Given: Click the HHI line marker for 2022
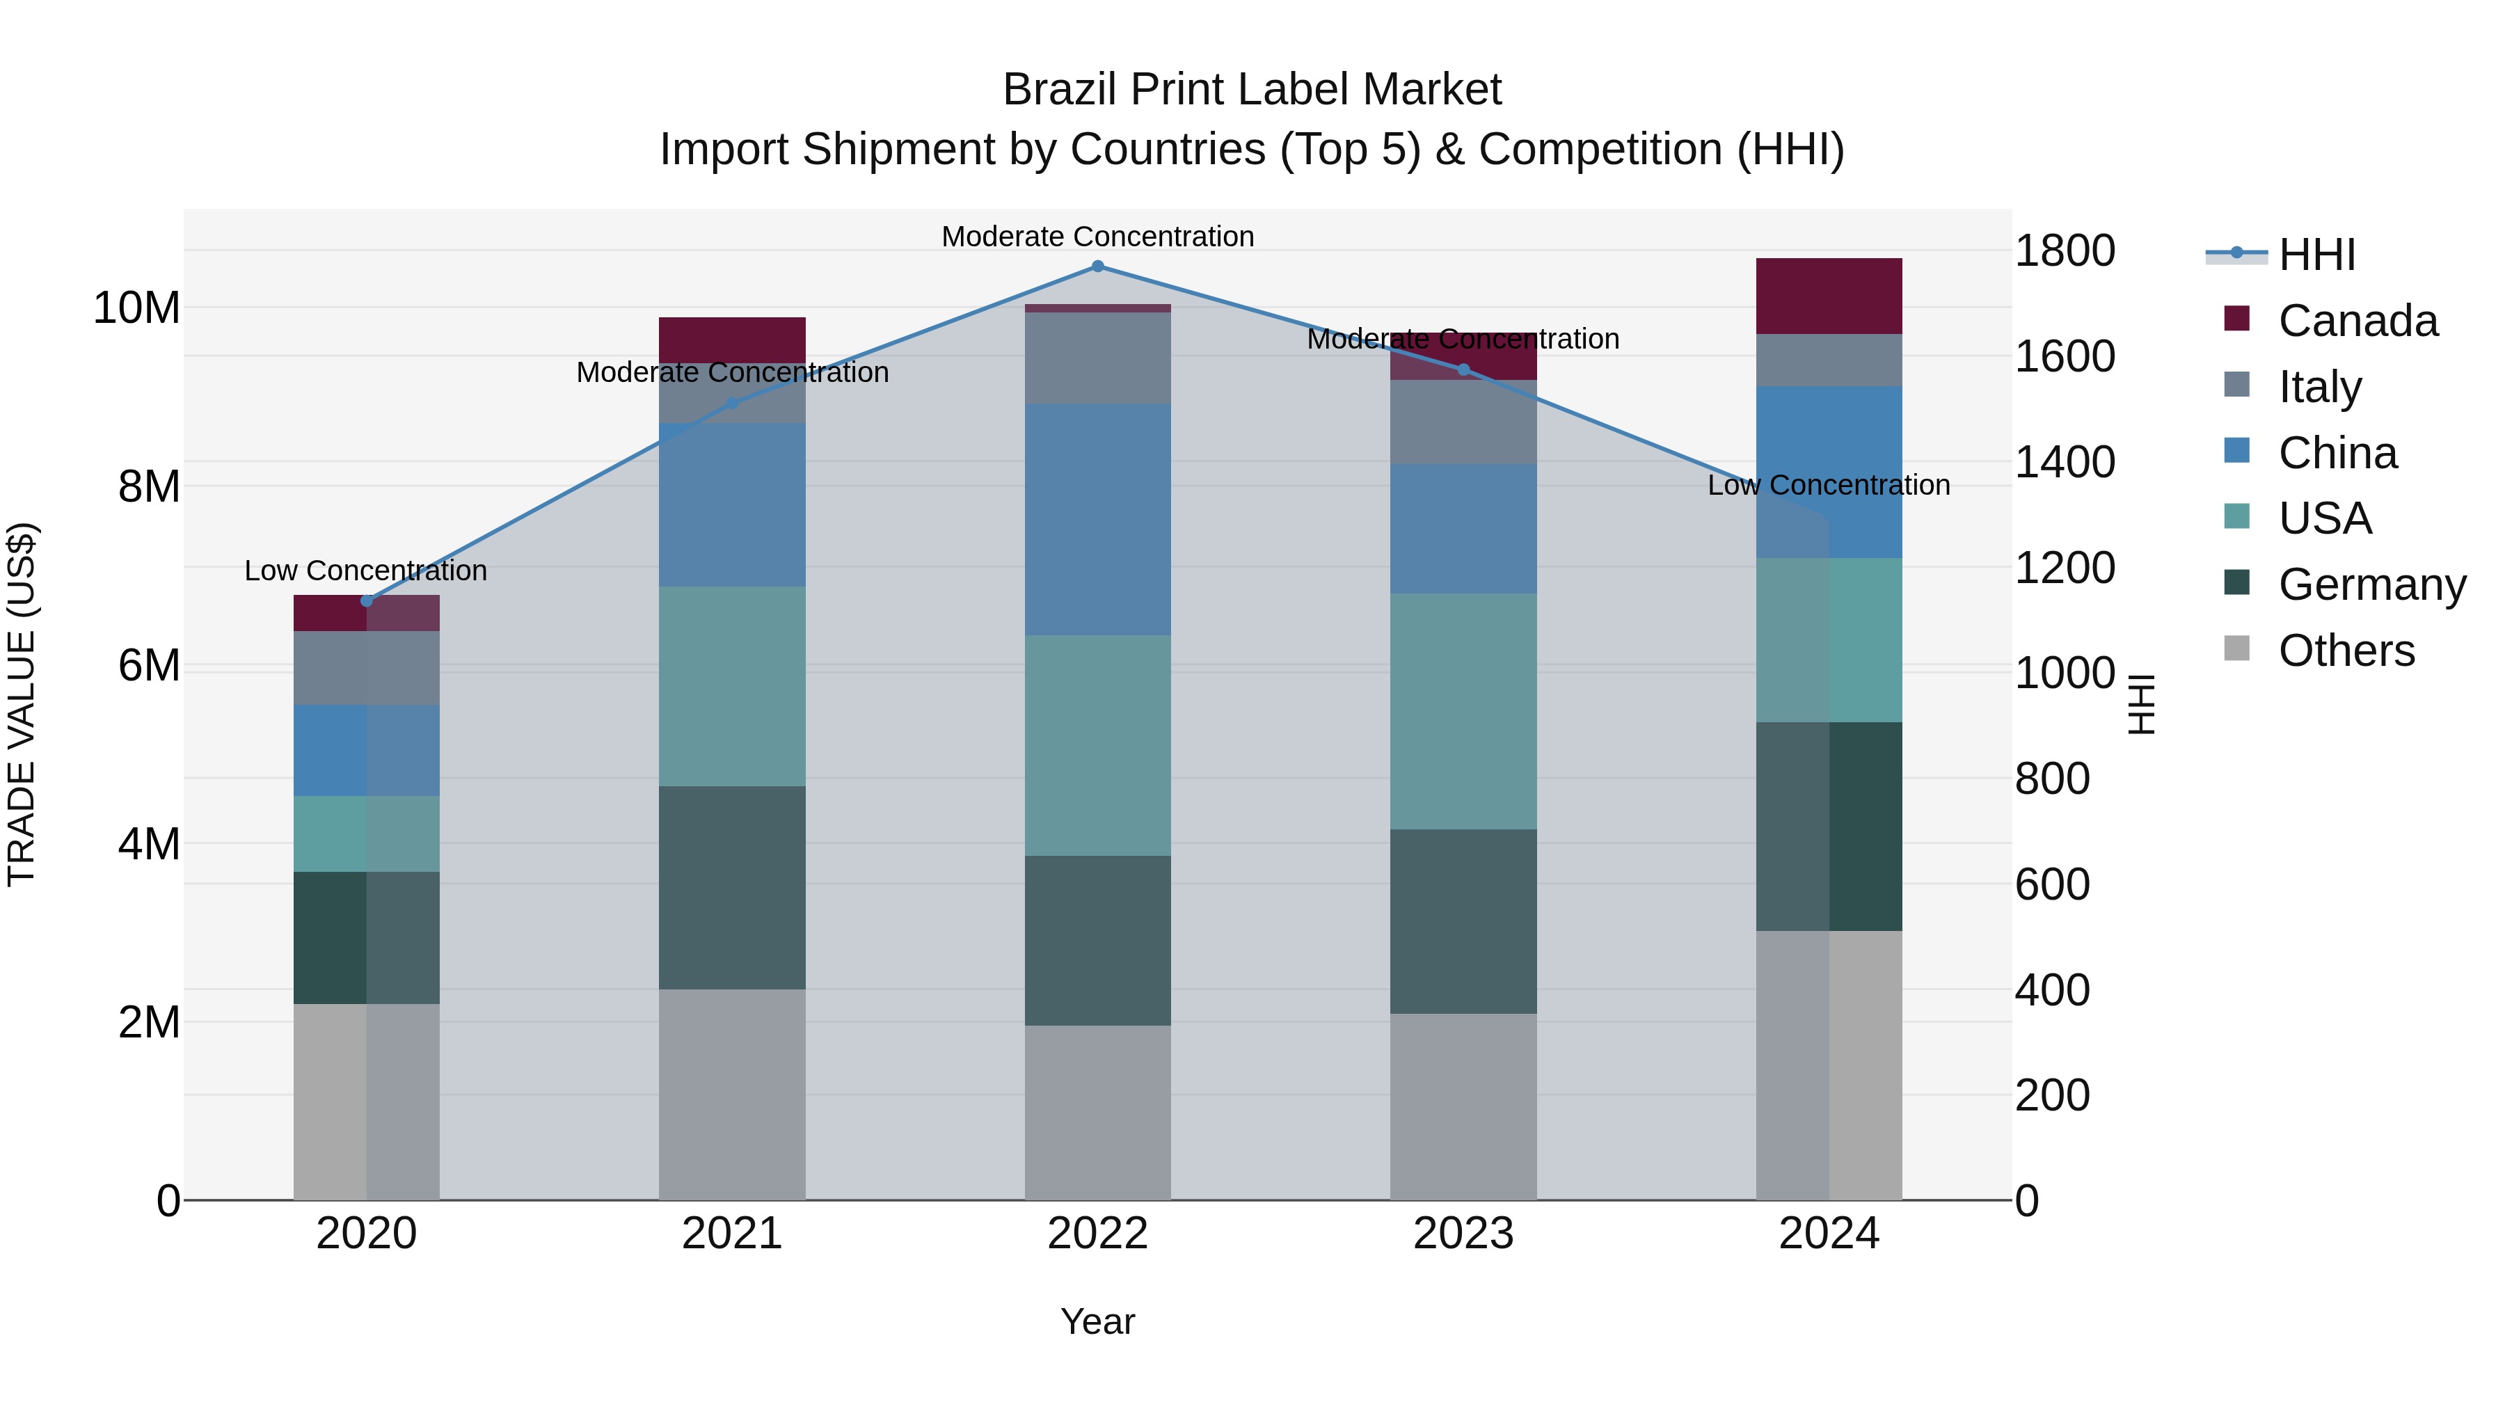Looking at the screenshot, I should (1098, 266).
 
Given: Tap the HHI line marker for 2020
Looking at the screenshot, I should (367, 601).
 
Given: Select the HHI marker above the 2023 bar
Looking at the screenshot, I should (1463, 369).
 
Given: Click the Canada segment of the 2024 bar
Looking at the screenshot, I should (1829, 296).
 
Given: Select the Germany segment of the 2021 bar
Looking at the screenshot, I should (732, 887).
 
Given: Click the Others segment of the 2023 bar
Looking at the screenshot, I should (1463, 1106).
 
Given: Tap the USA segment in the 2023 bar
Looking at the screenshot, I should (1463, 711).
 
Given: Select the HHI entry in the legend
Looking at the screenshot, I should (2316, 255).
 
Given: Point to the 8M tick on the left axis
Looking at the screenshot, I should (149, 486).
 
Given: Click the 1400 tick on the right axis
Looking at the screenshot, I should (2064, 462).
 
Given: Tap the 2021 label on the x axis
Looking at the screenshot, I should (732, 1234).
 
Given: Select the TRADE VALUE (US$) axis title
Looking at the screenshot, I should (22, 704).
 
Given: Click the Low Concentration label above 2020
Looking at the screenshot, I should (365, 571).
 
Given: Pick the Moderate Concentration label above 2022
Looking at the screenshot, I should (1098, 237).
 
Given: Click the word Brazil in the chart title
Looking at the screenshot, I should (1059, 90).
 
